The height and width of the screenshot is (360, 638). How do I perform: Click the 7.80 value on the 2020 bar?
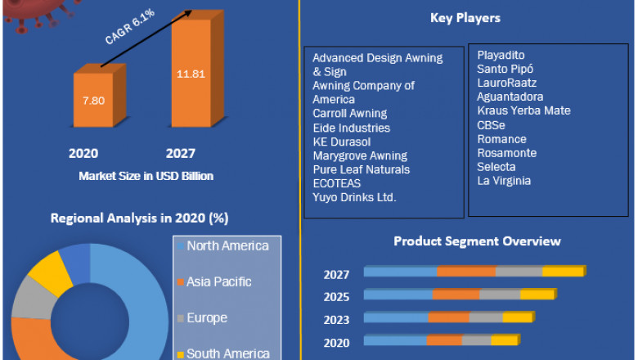point(94,101)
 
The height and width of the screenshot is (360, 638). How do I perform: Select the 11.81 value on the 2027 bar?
point(190,74)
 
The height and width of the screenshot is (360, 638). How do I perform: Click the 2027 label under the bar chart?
point(181,153)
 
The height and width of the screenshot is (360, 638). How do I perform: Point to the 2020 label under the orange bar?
point(83,153)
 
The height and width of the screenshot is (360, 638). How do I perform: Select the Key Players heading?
point(465,18)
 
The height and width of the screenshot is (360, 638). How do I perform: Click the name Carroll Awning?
point(350,114)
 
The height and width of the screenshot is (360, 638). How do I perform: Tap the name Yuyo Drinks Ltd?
point(355,198)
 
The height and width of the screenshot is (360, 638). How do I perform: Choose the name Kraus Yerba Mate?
point(523,110)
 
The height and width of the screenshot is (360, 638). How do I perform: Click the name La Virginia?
point(504,181)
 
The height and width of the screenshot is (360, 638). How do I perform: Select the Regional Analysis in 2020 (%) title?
point(139,218)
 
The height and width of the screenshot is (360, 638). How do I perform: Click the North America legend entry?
point(227,245)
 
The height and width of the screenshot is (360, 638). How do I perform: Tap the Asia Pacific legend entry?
point(218,281)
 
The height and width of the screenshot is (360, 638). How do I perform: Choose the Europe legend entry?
point(206,317)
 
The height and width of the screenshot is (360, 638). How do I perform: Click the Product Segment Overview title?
point(477,241)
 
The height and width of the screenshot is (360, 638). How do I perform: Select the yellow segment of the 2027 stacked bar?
point(564,272)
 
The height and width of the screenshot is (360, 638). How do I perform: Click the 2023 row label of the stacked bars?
point(336,320)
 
